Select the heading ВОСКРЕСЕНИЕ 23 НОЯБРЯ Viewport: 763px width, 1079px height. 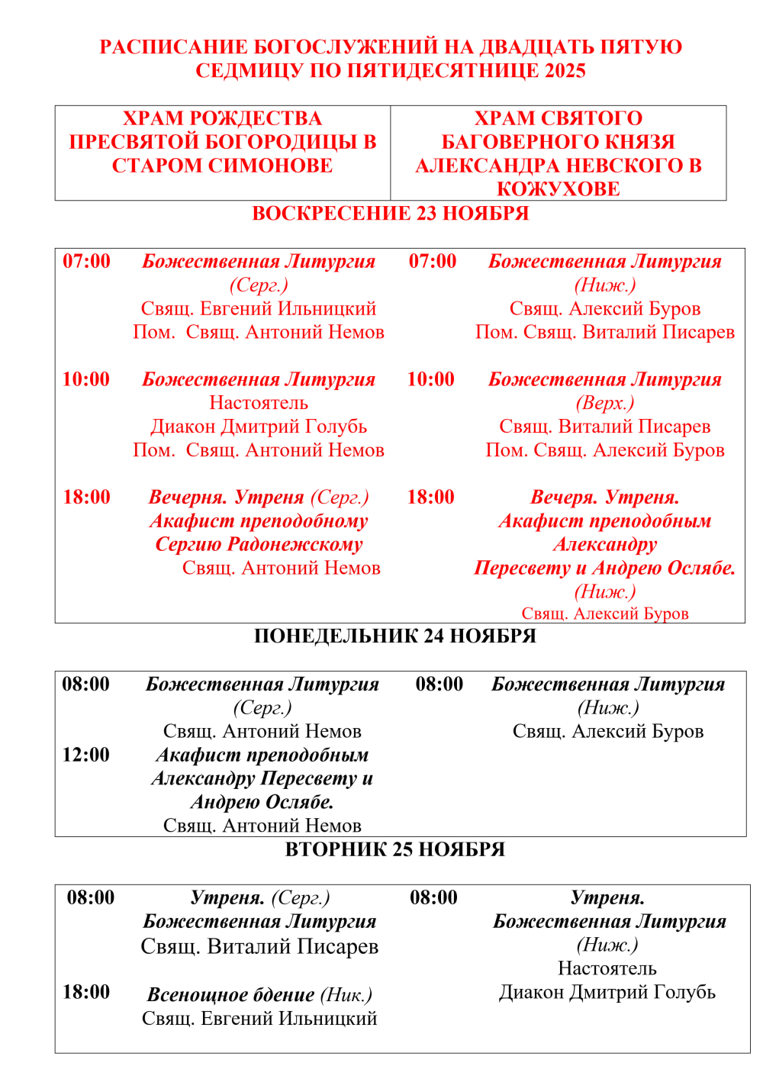pyautogui.click(x=390, y=214)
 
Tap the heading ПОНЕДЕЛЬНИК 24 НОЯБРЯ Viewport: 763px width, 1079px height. pyautogui.click(x=394, y=636)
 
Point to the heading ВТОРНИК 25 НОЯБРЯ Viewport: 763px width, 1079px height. pyautogui.click(x=394, y=850)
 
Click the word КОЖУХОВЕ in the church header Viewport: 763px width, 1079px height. pyautogui.click(x=558, y=189)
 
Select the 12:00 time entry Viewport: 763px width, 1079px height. pyautogui.click(x=86, y=755)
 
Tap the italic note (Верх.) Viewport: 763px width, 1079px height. pyautogui.click(x=604, y=403)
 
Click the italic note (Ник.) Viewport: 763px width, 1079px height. pyautogui.click(x=346, y=995)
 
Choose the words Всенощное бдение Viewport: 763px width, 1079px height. pyautogui.click(x=230, y=995)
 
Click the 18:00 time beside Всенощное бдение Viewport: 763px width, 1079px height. pyautogui.click(x=86, y=992)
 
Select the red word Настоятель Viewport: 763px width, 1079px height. pyautogui.click(x=259, y=403)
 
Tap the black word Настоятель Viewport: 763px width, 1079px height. pyautogui.click(x=607, y=968)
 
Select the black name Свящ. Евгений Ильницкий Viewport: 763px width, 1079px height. pyautogui.click(x=259, y=1019)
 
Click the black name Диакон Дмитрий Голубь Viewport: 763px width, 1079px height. pyautogui.click(x=607, y=992)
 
